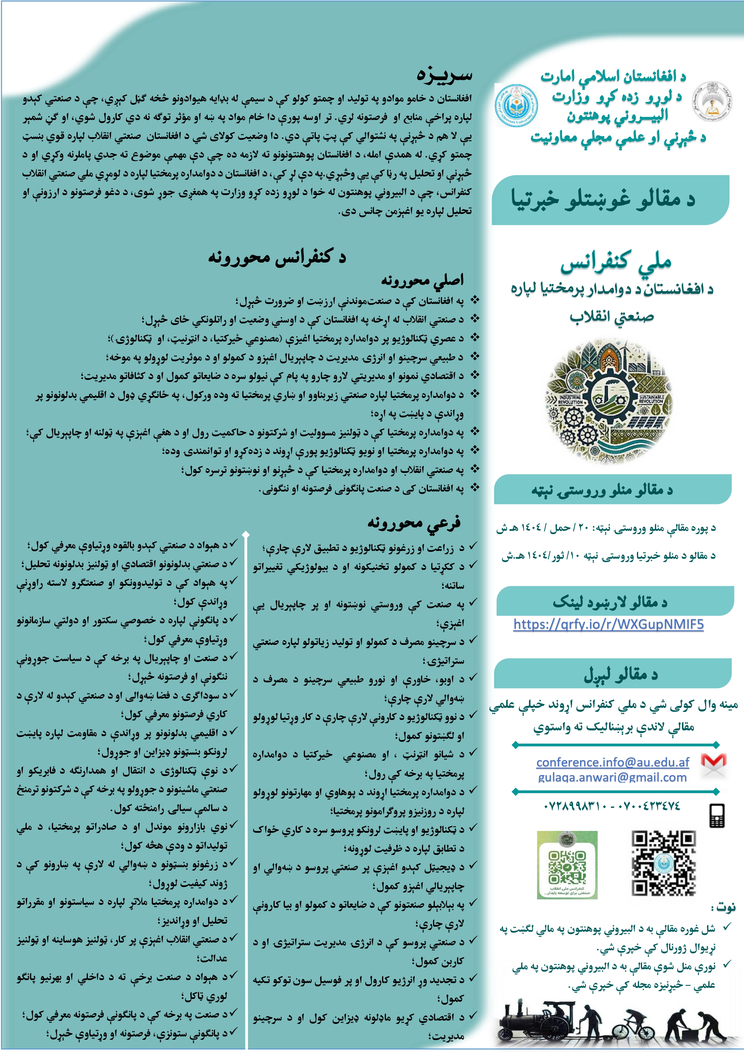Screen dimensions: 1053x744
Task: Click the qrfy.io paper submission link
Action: (608, 624)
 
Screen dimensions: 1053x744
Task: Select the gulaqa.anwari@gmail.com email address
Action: (612, 777)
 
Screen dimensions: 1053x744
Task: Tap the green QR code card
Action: (567, 865)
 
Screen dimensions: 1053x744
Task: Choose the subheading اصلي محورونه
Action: (422, 280)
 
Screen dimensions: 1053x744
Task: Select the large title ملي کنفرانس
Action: (616, 262)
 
